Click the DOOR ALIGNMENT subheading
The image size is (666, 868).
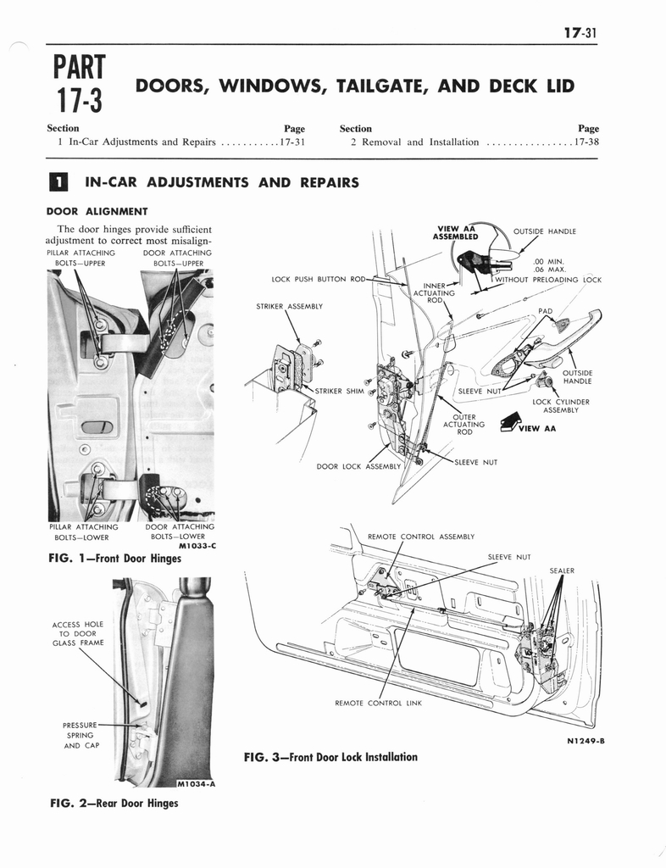click(x=97, y=211)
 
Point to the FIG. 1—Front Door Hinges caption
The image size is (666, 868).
click(x=114, y=559)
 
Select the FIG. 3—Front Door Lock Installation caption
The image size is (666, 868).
click(x=330, y=756)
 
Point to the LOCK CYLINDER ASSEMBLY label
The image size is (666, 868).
click(x=560, y=406)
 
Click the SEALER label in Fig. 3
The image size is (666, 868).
click(x=562, y=570)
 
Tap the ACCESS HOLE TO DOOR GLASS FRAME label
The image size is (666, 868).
click(x=77, y=633)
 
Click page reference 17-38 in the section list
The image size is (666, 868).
click(x=587, y=142)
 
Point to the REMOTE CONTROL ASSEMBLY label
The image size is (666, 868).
click(x=420, y=537)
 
